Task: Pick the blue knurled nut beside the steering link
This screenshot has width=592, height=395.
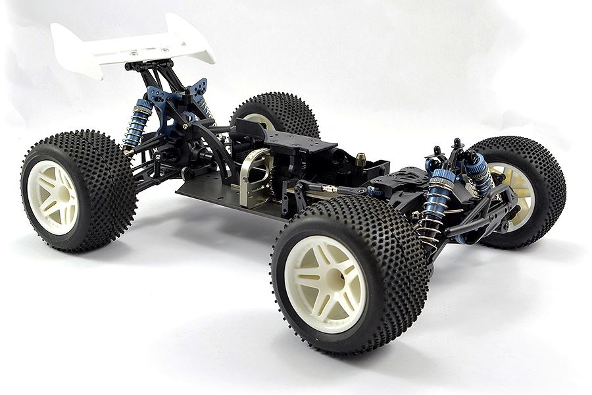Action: [x=375, y=192]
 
